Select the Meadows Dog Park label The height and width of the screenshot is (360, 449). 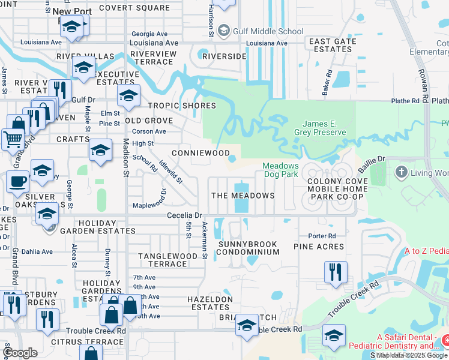[x=280, y=170]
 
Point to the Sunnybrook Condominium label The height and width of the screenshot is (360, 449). [x=248, y=248]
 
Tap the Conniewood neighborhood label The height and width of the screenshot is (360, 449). [x=201, y=153]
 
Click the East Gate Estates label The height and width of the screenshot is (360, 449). [x=332, y=46]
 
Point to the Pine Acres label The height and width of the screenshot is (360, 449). [x=319, y=247]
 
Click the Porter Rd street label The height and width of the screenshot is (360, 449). [x=322, y=236]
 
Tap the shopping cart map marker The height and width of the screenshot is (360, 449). [x=12, y=139]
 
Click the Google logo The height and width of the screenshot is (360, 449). [x=20, y=353]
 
